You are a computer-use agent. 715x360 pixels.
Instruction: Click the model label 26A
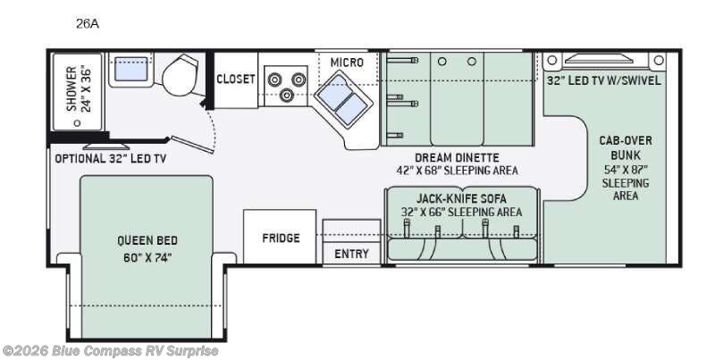88,25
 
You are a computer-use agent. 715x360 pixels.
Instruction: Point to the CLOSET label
236,79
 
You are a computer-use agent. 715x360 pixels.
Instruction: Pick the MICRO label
347,62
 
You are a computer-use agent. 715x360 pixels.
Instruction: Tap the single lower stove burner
288,93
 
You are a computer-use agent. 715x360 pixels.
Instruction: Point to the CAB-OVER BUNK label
626,147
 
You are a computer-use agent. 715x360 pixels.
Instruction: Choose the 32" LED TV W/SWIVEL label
603,80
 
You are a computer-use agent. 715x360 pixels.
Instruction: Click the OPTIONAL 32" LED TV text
111,159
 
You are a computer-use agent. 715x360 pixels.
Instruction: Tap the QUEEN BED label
147,240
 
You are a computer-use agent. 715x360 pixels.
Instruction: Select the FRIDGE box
281,239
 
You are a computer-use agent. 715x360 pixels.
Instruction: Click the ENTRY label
351,254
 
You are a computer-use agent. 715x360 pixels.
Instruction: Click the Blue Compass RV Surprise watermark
110,350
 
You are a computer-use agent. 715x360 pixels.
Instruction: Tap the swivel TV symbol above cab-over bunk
603,61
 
